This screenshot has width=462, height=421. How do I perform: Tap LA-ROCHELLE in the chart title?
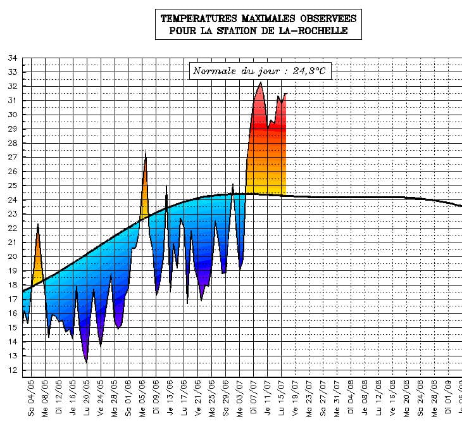point(316,30)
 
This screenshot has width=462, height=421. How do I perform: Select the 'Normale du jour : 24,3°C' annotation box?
point(260,71)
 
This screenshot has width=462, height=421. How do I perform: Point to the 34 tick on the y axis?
point(12,58)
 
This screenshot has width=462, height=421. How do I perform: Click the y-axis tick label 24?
point(12,200)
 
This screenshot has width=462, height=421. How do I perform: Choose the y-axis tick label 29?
point(12,129)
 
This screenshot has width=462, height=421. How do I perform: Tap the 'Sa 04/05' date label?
point(31,397)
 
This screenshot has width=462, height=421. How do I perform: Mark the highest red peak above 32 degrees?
point(261,83)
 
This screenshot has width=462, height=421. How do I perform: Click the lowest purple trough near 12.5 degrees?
point(86,361)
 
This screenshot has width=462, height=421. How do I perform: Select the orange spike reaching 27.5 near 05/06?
point(146,153)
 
